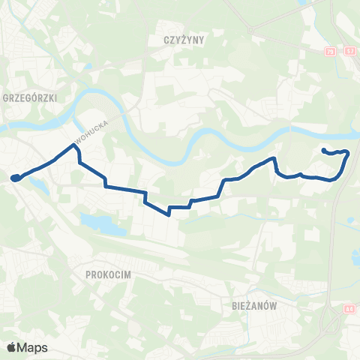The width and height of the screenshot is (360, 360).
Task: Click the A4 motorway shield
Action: point(349,308)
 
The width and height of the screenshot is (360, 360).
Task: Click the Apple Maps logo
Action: point(27,347)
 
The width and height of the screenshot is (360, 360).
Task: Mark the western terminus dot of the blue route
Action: point(14,178)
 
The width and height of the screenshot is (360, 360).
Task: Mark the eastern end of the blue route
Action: point(324,151)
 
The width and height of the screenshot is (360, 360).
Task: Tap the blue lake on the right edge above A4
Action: point(355,258)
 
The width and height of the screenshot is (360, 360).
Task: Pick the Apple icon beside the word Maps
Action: point(11,347)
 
